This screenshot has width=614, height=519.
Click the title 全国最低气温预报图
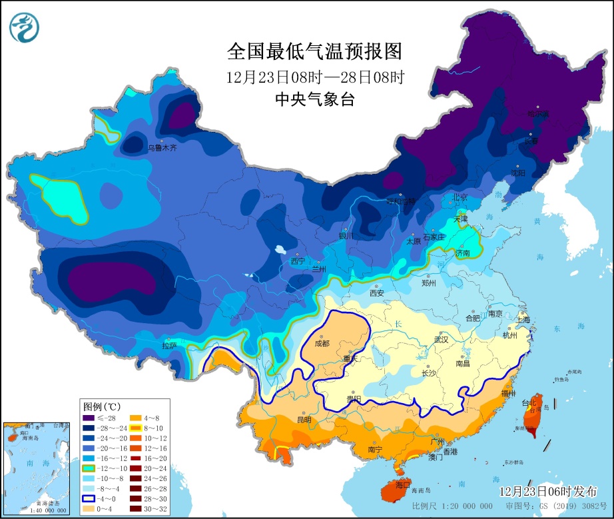pos(315,51)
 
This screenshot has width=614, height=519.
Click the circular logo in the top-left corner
pos(25,27)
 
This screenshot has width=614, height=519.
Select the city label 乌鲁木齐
pos(163,148)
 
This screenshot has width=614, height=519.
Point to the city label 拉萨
pos(169,345)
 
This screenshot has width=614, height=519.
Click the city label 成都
pos(322,344)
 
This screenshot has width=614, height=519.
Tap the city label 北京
pos(460,197)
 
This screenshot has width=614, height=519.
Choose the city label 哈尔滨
pos(539,114)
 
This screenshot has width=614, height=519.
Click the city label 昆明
pos(304,420)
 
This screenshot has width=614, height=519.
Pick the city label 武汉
pos(441,339)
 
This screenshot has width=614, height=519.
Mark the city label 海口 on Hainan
pos(402,484)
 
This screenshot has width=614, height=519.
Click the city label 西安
pos(377,292)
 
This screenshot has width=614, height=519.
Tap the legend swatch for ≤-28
pos(88,418)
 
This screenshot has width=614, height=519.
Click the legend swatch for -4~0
pos(88,498)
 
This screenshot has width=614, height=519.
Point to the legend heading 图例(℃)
pos(101,406)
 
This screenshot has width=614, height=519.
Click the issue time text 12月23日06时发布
pos(548,491)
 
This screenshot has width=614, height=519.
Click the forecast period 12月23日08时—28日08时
pos(315,77)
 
